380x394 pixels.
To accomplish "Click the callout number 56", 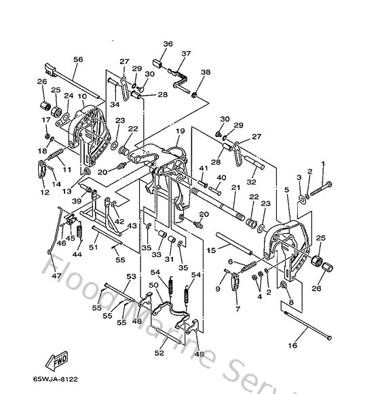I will tap(78, 60).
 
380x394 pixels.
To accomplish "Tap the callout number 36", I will tap(168, 45).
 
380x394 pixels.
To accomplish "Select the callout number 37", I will tap(186, 54).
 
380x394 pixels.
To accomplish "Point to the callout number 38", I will tap(206, 72).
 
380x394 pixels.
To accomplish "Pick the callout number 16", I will tap(293, 346).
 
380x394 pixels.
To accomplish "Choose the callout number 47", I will tap(56, 276).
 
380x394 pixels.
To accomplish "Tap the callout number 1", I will tap(323, 163).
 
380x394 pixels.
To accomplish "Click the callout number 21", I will tap(235, 188).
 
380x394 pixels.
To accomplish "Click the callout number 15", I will tap(211, 250).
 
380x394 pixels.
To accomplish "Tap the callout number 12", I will tap(45, 193).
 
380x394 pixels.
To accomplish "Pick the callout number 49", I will tap(199, 354).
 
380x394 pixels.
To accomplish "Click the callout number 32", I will tap(251, 181).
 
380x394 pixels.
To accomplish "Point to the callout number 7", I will tap(237, 309).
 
